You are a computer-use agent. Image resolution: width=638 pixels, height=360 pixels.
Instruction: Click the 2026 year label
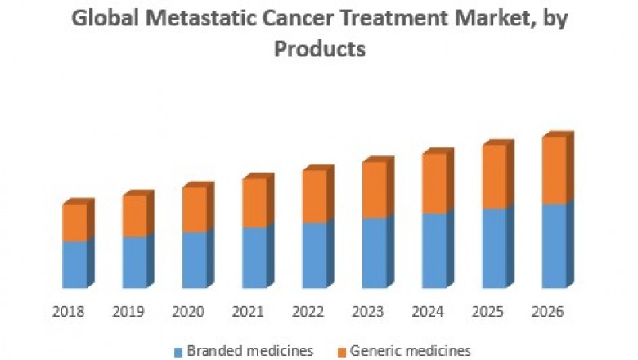coord(547,312)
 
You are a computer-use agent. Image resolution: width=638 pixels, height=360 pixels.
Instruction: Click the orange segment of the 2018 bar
coord(74,223)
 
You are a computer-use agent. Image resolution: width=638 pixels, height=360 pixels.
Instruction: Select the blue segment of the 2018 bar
coord(74,264)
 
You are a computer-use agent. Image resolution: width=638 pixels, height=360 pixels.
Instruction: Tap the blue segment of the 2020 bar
coord(194,259)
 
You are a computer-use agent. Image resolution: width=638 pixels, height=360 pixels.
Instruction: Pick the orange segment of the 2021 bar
coord(254,203)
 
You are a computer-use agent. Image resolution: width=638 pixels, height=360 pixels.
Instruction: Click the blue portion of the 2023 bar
coord(374,253)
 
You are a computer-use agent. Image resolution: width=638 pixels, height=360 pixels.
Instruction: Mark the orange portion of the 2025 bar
coord(493,178)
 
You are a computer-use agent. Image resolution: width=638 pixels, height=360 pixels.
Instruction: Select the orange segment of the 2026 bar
coord(553,170)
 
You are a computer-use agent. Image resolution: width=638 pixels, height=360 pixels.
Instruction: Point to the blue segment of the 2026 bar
coord(553,245)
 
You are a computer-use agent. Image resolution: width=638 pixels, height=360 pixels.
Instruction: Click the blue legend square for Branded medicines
coord(179,352)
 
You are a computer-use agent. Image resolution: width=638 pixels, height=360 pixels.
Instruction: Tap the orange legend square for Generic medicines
coord(341,352)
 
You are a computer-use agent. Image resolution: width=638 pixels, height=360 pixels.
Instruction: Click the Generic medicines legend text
coord(410,351)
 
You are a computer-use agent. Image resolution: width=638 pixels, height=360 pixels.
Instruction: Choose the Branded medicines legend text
coord(249,351)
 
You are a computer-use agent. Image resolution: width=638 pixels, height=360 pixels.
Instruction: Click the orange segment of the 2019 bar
coord(134,217)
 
